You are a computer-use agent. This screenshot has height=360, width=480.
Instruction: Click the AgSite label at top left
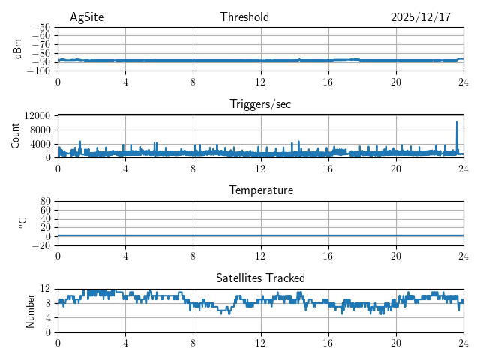click(x=85, y=17)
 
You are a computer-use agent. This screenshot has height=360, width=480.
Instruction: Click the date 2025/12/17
click(x=421, y=17)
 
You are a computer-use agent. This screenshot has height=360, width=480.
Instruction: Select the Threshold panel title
click(x=244, y=17)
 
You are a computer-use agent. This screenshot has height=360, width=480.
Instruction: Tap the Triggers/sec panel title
click(x=260, y=104)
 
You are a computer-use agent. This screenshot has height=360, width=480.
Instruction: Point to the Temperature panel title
click(x=261, y=190)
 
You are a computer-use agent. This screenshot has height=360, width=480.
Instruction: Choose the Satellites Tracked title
click(x=260, y=277)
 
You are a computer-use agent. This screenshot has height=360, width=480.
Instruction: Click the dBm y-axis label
click(x=18, y=49)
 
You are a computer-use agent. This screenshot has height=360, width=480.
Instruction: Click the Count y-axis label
click(x=15, y=136)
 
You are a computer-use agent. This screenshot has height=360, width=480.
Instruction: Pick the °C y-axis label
click(x=22, y=223)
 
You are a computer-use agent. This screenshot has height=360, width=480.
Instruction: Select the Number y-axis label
click(x=31, y=310)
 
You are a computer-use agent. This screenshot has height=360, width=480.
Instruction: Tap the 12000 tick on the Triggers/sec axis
click(x=36, y=115)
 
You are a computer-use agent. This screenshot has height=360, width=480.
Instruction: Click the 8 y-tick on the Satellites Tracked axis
click(x=47, y=303)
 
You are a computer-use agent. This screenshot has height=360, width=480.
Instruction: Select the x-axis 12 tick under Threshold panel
click(x=261, y=82)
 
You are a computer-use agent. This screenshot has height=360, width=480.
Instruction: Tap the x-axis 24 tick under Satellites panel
click(x=463, y=343)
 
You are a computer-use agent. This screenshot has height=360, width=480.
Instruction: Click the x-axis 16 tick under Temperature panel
click(x=328, y=256)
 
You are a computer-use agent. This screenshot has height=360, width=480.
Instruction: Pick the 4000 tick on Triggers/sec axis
click(x=39, y=144)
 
